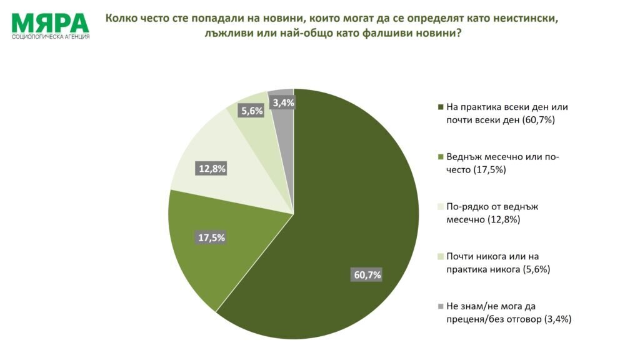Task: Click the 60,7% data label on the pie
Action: click(x=367, y=275)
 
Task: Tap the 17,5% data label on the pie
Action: click(x=211, y=237)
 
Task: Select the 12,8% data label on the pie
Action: click(x=212, y=169)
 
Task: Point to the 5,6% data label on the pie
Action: click(x=252, y=111)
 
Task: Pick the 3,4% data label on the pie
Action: click(x=283, y=102)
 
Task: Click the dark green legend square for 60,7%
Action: click(x=441, y=107)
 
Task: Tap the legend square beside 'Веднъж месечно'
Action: click(x=441, y=157)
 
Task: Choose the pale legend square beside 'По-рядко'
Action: click(x=441, y=206)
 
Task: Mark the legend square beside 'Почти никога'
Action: click(x=441, y=256)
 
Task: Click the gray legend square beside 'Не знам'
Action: click(x=441, y=306)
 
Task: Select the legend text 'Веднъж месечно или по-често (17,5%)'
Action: click(x=502, y=163)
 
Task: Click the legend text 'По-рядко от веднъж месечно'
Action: click(x=492, y=213)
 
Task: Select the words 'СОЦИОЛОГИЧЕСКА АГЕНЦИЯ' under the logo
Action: click(x=51, y=37)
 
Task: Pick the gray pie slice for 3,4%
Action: click(x=283, y=135)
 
